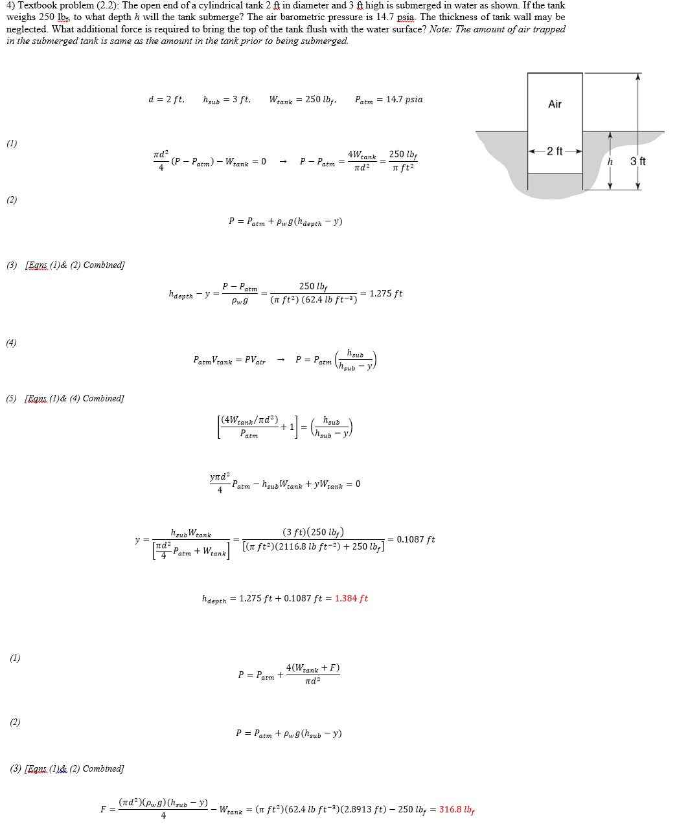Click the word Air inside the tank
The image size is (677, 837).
[x=555, y=104]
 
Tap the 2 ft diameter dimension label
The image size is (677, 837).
[x=555, y=151]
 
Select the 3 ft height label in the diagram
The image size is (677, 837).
[x=637, y=161]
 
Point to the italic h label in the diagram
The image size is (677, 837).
[x=610, y=161]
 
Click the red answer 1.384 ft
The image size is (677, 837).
[x=351, y=599]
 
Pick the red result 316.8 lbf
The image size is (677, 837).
[x=457, y=810]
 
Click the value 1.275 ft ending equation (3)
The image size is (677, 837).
[x=385, y=293]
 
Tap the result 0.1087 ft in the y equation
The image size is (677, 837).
[x=415, y=539]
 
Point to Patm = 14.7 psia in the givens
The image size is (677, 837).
[x=389, y=100]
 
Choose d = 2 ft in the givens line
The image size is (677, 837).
[x=166, y=100]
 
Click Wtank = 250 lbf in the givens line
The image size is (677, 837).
[x=303, y=100]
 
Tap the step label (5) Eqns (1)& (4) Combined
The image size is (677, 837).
[x=65, y=399]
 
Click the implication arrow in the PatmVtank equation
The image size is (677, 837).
[x=281, y=360]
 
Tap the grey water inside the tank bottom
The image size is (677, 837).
[x=555, y=181]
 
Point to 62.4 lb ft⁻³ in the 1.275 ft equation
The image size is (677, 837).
[x=329, y=300]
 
